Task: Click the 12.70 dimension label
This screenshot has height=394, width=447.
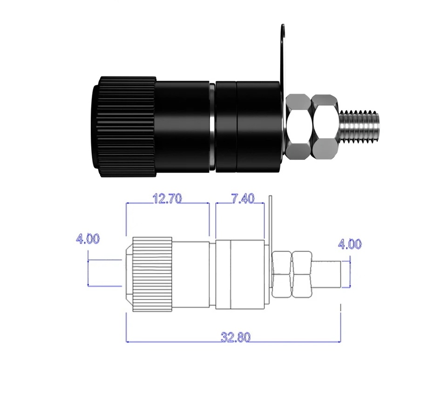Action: pyautogui.click(x=167, y=198)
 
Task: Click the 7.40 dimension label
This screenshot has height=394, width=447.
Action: pyautogui.click(x=243, y=198)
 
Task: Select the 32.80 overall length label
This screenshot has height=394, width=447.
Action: pyautogui.click(x=236, y=337)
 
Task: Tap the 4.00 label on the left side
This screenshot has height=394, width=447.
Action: pyautogui.click(x=88, y=238)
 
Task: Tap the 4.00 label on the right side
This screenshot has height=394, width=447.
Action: pyautogui.click(x=350, y=244)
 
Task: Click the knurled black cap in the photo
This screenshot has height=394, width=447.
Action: pyautogui.click(x=124, y=127)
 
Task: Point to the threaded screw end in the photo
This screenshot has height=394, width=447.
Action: pyautogui.click(x=359, y=127)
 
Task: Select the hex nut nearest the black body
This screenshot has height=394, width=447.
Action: pyautogui.click(x=298, y=127)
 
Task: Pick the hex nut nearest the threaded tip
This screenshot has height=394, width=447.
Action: pyautogui.click(x=325, y=127)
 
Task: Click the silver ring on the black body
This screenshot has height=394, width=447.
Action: pyautogui.click(x=212, y=127)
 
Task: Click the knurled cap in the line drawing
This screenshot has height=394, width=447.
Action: pyautogui.click(x=149, y=274)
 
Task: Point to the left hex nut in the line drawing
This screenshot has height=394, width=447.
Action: pyautogui.click(x=282, y=275)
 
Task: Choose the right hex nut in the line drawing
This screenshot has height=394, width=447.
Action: pyautogui.click(x=302, y=275)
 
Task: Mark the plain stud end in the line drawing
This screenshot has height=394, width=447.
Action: pyautogui.click(x=327, y=274)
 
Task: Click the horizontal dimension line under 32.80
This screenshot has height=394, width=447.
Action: pyautogui.click(x=233, y=341)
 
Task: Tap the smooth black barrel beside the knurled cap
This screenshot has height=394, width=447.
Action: pyautogui.click(x=183, y=127)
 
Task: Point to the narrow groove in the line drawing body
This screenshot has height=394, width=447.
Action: pyautogui.click(x=213, y=275)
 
